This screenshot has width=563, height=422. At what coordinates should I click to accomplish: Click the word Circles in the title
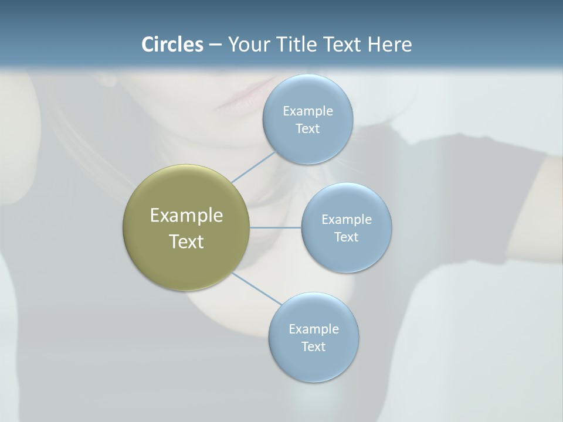[x=172, y=45]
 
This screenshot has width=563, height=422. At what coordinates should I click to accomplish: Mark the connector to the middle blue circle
[x=276, y=227]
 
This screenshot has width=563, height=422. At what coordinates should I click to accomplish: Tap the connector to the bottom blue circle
[x=256, y=288]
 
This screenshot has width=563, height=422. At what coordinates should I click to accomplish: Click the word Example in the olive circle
[x=186, y=216]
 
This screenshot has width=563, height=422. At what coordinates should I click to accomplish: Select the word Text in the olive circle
[x=186, y=241]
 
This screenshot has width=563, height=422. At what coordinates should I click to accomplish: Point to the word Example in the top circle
[x=308, y=111]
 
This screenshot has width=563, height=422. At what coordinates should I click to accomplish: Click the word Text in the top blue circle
[x=308, y=129]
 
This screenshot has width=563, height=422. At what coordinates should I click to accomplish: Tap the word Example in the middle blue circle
[x=347, y=219]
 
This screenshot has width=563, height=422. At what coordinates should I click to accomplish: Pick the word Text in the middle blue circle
[x=347, y=237]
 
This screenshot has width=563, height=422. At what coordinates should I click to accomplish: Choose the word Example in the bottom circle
[x=314, y=329]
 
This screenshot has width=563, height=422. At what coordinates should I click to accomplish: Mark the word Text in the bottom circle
[x=314, y=347]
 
